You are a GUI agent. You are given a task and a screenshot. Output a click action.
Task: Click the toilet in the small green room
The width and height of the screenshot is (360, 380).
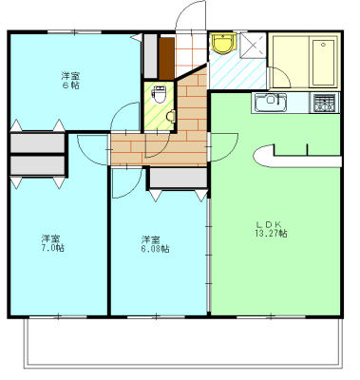[159, 95]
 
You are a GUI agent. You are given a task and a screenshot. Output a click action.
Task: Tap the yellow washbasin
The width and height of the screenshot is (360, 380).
[223, 43]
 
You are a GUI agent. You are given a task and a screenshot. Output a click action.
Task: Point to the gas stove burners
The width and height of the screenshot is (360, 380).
[325, 103]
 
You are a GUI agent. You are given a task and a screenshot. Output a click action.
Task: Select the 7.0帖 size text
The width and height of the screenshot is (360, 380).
[52, 248]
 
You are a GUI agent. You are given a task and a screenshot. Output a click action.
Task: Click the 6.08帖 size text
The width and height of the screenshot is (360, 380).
[155, 249]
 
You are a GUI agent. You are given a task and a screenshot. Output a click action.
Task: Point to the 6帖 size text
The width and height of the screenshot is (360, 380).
[70, 85]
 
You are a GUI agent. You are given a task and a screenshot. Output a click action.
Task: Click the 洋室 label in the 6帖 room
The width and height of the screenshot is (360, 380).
[70, 74]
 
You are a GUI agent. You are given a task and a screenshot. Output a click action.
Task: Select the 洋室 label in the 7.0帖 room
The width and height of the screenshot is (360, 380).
[51, 237]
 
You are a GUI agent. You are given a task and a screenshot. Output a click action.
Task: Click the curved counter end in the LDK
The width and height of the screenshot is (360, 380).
[262, 156]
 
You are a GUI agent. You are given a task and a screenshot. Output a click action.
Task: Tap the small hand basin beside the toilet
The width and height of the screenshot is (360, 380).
[170, 116]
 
